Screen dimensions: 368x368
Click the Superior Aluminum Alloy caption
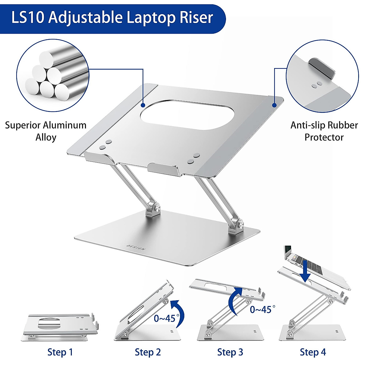click(x=46, y=131)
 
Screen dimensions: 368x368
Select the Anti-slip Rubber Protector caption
click(x=324, y=131)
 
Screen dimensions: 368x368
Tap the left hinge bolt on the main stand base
click(x=157, y=208)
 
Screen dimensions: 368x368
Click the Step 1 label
click(x=60, y=352)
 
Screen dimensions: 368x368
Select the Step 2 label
click(x=148, y=352)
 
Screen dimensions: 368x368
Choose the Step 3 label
click(x=230, y=352)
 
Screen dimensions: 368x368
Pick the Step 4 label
click(x=313, y=352)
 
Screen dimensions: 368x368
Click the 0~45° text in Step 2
click(x=165, y=318)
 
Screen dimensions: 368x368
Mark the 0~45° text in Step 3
click(x=260, y=309)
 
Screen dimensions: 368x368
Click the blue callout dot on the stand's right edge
click(x=274, y=105)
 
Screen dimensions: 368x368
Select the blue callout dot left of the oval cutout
click(x=143, y=105)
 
